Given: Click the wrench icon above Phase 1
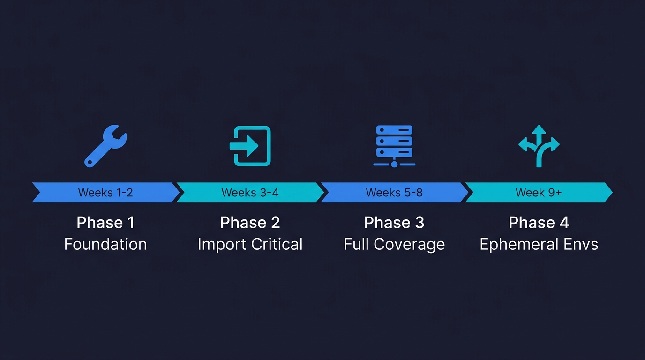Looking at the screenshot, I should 105,145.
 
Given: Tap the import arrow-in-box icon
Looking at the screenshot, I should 250,146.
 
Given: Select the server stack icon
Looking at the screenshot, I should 394,146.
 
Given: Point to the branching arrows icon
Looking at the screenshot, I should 539,146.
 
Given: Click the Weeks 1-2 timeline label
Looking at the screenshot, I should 105,193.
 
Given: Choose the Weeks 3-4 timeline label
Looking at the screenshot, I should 250,193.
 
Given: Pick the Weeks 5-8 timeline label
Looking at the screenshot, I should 394,193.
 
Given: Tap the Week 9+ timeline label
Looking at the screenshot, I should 539,193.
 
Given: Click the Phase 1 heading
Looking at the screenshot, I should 105,223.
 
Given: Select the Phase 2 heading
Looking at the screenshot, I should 250,223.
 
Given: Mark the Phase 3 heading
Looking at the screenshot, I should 394,223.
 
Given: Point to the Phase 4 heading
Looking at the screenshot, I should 539,223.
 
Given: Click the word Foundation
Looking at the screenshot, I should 105,244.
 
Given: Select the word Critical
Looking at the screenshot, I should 277,244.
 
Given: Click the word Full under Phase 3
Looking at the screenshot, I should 355,244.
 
